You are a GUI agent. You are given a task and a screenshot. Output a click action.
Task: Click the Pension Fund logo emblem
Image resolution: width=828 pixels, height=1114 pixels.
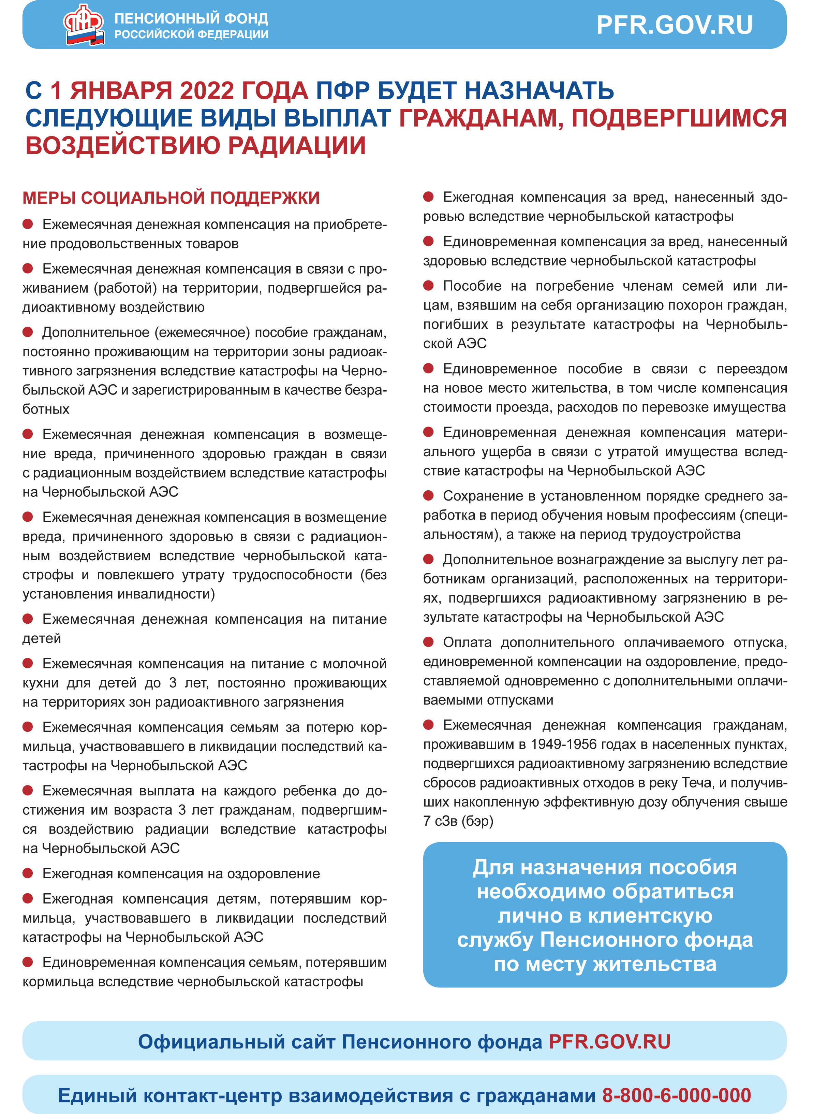[84, 25]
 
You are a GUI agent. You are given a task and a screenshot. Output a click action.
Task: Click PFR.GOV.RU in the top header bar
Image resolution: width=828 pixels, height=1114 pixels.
[674, 25]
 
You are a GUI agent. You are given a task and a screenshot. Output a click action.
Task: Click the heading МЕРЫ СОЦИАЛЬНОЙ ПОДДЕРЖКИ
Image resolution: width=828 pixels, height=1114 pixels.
[171, 198]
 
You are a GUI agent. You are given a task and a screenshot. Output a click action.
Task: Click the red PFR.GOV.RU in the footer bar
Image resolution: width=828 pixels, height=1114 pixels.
[609, 1042]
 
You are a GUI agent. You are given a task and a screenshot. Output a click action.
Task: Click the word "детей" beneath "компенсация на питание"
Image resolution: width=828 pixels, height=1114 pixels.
[42, 639]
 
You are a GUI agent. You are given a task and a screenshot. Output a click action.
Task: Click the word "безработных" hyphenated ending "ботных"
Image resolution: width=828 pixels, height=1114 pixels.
[46, 409]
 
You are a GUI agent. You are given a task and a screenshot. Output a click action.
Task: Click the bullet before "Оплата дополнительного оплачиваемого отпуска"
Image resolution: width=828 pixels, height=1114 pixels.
[429, 642]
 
